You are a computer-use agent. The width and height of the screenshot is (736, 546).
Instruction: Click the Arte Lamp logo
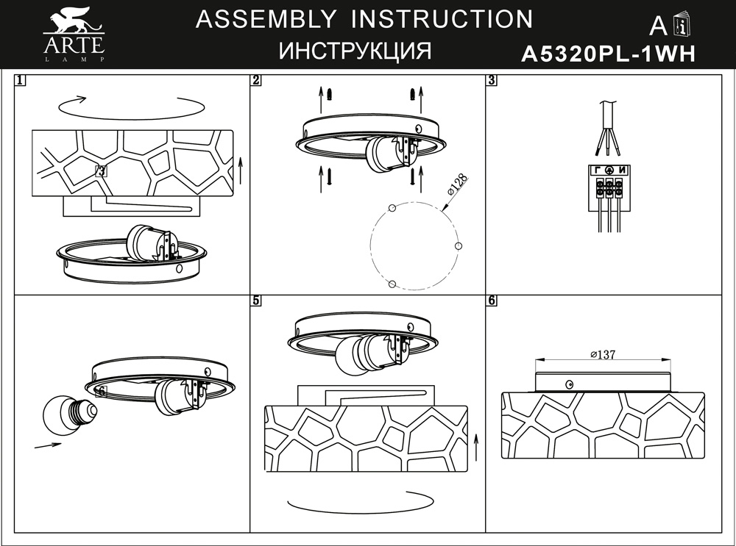74,34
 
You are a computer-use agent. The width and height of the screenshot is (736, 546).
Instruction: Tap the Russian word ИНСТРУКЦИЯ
355,51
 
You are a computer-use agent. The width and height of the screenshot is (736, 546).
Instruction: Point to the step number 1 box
20,80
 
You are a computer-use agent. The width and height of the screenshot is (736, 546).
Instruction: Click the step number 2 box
256,80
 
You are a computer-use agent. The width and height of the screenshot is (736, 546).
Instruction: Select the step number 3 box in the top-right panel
492,80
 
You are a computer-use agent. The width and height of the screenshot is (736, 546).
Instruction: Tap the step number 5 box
256,301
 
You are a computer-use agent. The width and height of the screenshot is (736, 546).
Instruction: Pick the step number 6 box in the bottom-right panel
492,301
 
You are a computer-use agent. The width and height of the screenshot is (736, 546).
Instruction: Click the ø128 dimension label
457,184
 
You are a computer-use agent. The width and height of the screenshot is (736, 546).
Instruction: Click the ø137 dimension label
603,354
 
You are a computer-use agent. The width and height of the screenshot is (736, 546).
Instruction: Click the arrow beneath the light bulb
48,445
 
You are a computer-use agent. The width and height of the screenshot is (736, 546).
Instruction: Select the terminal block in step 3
609,188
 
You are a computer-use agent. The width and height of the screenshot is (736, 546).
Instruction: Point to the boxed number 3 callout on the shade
101,171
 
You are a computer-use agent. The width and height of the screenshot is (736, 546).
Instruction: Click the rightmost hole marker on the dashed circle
459,246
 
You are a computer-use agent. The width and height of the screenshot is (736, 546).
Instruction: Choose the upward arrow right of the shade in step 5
476,448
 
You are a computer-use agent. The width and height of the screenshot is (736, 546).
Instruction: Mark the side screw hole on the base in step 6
570,385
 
